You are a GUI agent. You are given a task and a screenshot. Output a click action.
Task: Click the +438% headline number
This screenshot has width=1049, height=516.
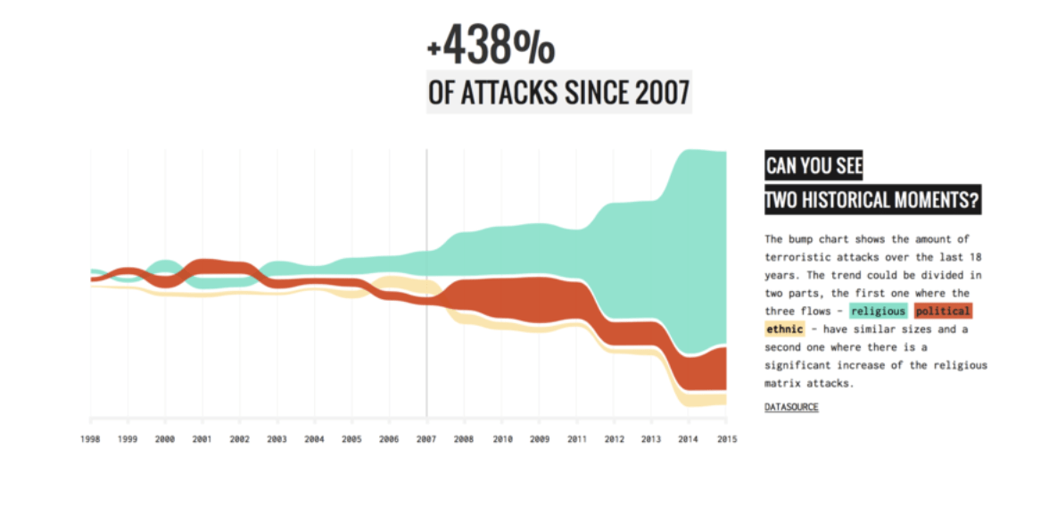(x=491, y=46)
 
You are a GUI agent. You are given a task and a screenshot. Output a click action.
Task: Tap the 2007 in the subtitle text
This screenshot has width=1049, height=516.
(x=662, y=93)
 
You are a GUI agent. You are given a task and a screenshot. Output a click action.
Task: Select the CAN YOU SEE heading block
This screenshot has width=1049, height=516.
(x=814, y=167)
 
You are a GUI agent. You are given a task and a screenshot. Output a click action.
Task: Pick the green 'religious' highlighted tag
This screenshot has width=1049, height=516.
(x=878, y=312)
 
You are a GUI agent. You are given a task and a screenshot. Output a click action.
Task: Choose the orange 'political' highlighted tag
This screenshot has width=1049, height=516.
(x=943, y=312)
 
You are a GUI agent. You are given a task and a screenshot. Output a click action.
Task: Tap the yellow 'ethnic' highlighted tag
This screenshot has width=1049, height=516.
(x=785, y=329)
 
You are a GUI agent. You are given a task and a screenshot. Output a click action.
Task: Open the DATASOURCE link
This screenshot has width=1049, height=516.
(x=791, y=407)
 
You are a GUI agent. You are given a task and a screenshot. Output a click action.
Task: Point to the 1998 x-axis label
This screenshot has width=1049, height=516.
(x=90, y=439)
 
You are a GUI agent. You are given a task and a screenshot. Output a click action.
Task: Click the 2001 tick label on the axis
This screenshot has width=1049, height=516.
(x=202, y=439)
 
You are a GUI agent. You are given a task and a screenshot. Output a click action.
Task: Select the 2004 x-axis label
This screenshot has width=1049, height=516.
(x=314, y=439)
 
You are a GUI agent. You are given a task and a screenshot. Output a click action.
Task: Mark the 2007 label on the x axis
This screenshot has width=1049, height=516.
(x=426, y=439)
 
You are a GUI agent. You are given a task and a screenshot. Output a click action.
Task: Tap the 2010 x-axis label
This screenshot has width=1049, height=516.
(x=501, y=439)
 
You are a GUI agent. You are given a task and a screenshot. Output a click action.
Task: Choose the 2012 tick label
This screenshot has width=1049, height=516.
(x=614, y=439)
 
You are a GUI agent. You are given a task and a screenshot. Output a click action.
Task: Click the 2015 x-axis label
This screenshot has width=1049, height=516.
(x=726, y=439)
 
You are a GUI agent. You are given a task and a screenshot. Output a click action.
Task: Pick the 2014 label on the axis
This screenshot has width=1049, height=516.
(x=689, y=439)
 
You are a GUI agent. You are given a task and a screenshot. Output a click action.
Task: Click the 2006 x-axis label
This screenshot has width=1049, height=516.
(x=389, y=439)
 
